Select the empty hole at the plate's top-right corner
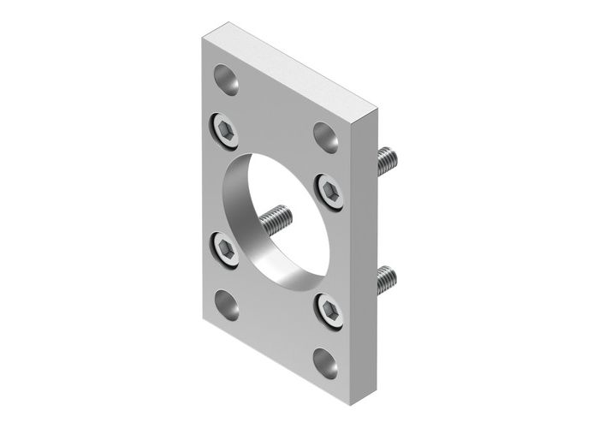(x=325, y=134)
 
